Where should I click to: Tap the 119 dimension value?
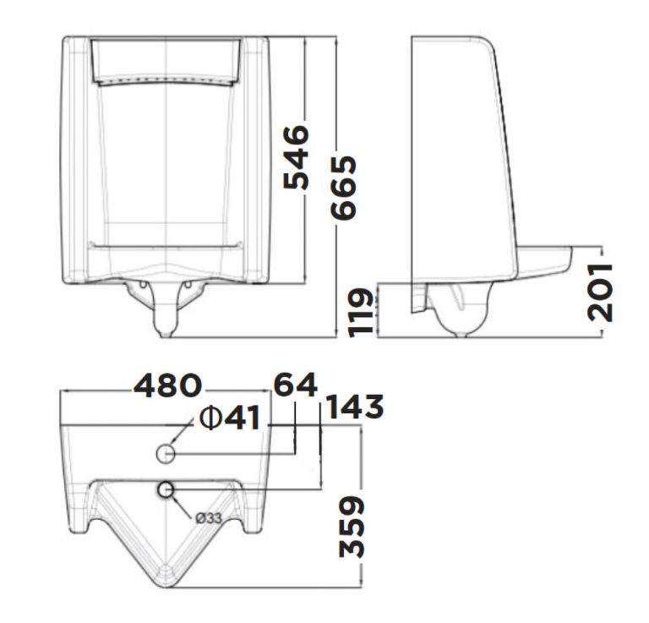[x=361, y=313]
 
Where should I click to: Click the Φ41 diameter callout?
[x=229, y=418]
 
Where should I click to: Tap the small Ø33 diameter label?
[x=208, y=518]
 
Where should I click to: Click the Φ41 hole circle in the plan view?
[x=166, y=455]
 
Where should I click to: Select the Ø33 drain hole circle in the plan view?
[x=166, y=489]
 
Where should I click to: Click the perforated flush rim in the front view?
[x=166, y=80]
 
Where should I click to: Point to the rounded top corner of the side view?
[x=486, y=42]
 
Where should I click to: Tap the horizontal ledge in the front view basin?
[x=166, y=244]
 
